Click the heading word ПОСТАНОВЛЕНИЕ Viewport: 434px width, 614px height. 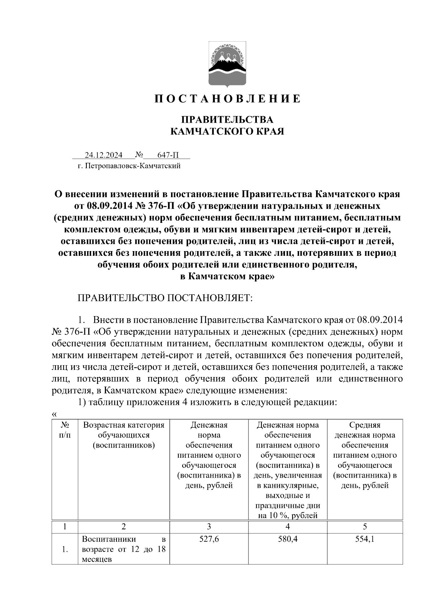click(x=227, y=99)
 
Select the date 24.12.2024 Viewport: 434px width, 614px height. click(x=103, y=156)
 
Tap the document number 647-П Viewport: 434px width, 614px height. click(x=168, y=156)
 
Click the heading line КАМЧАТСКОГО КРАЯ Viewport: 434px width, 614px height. click(x=227, y=131)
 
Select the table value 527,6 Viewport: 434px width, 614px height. click(x=209, y=539)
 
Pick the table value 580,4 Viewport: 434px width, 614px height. click(x=288, y=539)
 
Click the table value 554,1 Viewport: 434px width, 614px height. click(x=365, y=539)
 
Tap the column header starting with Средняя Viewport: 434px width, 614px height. click(x=365, y=425)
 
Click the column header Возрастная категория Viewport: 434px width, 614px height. click(x=124, y=425)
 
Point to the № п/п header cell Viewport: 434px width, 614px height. click(x=65, y=430)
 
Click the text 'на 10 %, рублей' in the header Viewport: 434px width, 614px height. click(x=288, y=516)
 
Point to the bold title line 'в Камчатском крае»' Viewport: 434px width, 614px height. click(x=227, y=277)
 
